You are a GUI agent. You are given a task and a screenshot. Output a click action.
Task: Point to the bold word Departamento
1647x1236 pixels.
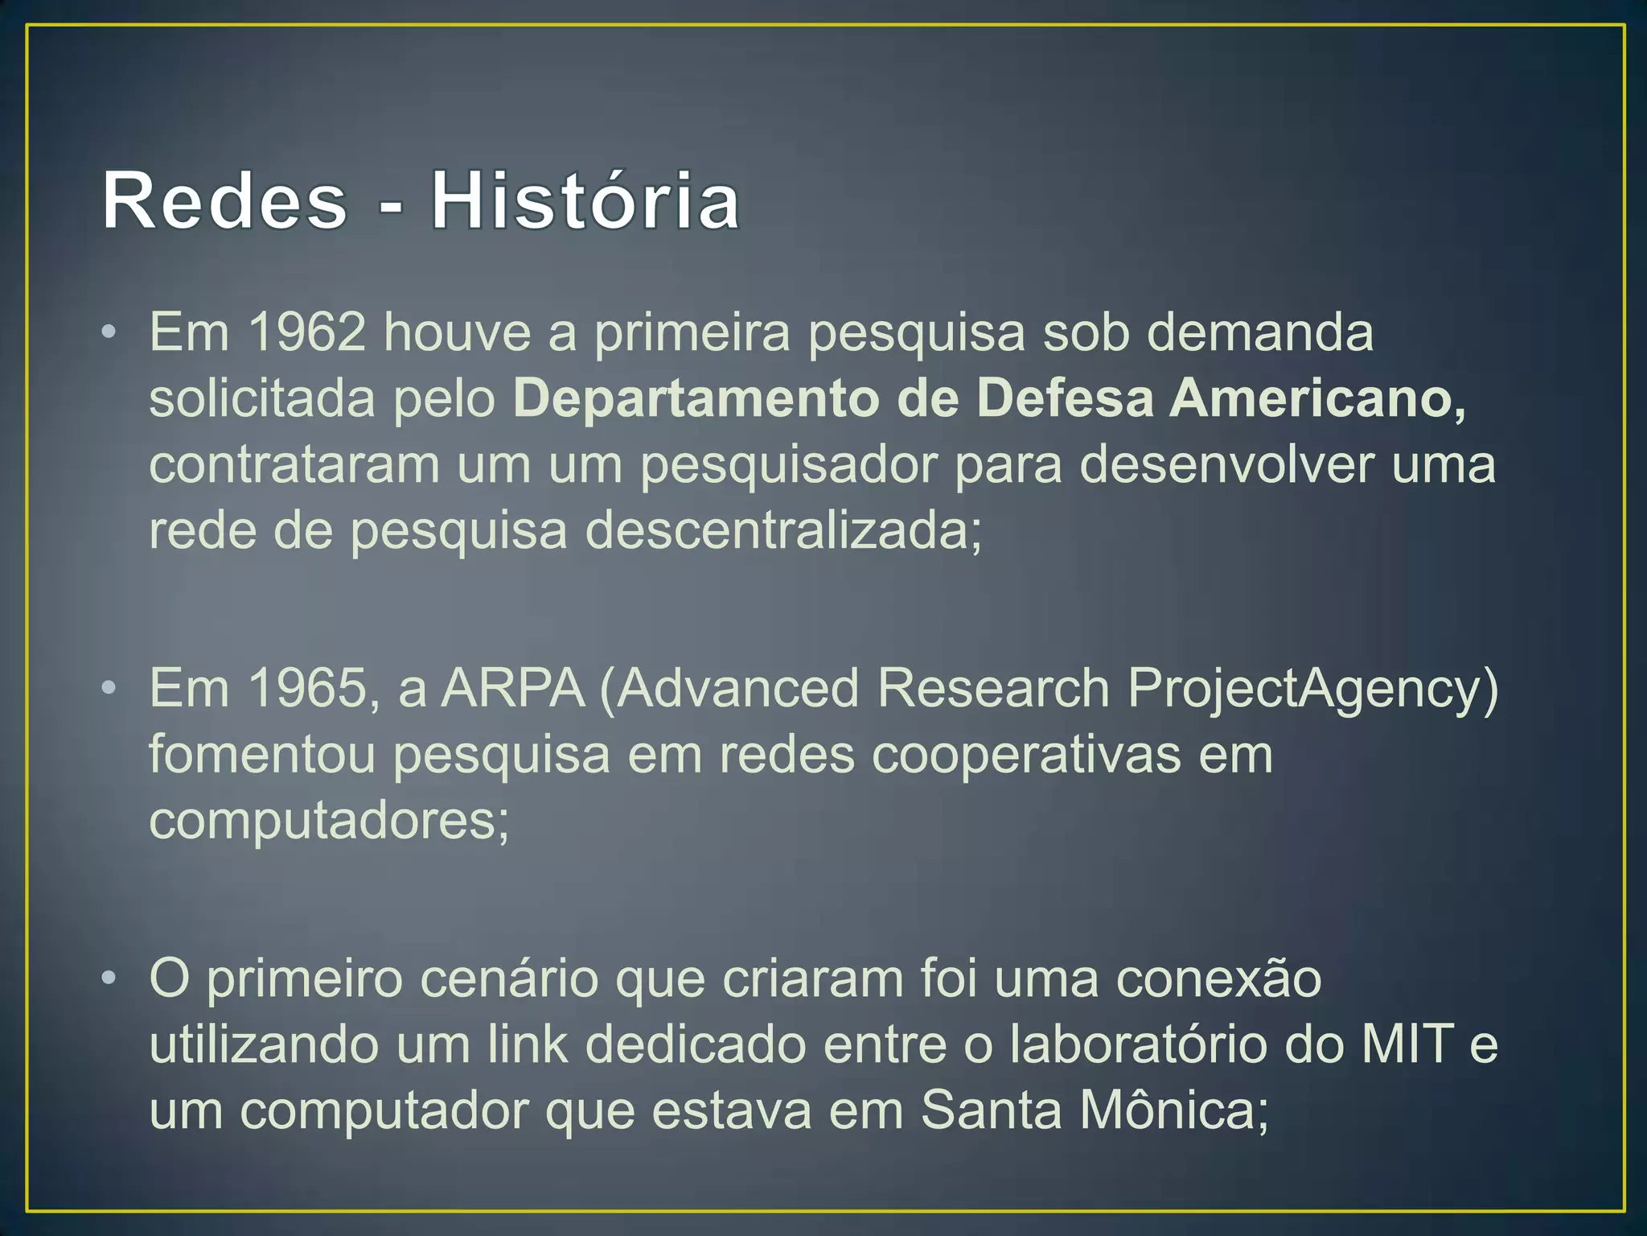point(696,400)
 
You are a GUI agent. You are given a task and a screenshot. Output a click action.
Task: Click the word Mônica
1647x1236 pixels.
point(1174,1110)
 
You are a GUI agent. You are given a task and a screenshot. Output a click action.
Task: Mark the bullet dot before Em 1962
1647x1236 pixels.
point(109,332)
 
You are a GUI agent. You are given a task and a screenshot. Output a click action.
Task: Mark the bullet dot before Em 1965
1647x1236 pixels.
point(109,688)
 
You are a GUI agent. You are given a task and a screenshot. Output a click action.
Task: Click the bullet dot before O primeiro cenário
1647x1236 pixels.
point(109,978)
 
